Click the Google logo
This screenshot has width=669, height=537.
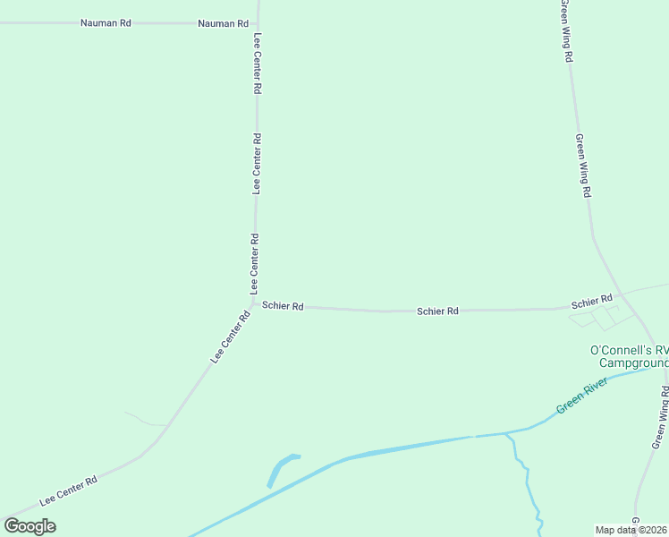tap(30, 526)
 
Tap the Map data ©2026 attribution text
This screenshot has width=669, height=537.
tap(631, 530)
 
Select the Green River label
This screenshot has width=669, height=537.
tap(582, 396)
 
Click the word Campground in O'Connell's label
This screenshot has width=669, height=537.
tap(633, 363)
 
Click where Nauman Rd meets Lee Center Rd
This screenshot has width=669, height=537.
tap(258, 23)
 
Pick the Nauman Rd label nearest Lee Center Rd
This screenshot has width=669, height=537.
tap(223, 23)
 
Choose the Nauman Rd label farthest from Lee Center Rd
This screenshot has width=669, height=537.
tap(106, 22)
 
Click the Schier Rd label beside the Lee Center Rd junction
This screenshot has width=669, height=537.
tap(283, 306)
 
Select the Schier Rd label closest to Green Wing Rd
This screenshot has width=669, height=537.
tap(592, 301)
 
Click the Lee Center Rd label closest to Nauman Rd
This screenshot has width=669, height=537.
tap(258, 64)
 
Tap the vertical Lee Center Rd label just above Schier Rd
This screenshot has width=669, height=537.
tap(255, 266)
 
